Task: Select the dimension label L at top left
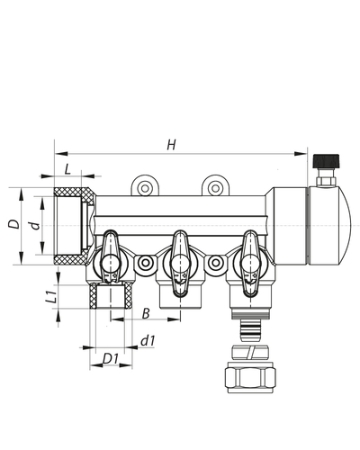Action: (x=67, y=168)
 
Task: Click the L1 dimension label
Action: (x=52, y=296)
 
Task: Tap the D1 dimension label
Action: (x=110, y=360)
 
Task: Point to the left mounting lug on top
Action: (x=144, y=186)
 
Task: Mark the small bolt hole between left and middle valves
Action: (x=145, y=264)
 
